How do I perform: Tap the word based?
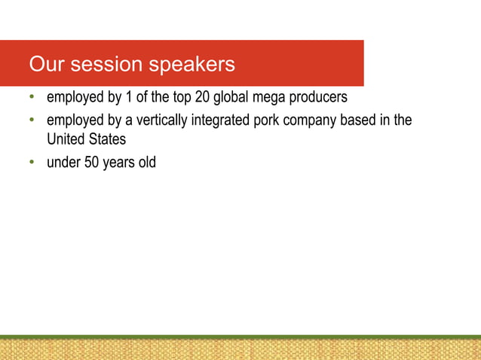tap(360, 121)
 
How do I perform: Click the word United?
tap(66, 139)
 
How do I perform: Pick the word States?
tap(107, 139)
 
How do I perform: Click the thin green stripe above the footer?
tap(240, 337)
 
